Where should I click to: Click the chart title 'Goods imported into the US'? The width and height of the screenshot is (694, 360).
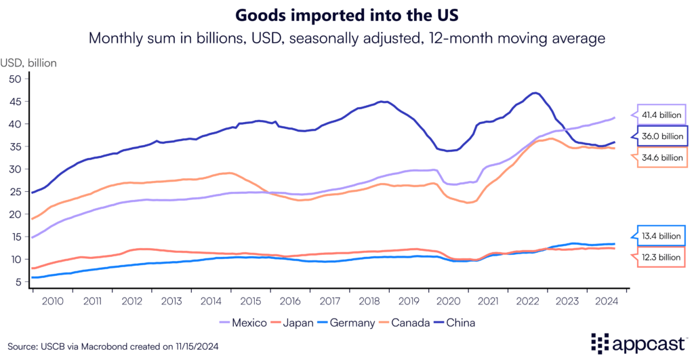point(346,14)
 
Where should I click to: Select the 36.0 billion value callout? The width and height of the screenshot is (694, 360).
point(662,136)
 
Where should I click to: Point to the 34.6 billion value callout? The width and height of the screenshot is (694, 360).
point(662,158)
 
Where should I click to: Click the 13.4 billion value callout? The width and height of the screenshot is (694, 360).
point(662,235)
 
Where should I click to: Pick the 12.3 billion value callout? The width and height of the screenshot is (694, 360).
point(662,258)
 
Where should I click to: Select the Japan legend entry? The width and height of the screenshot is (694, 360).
point(297,323)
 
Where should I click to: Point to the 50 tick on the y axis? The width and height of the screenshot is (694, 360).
point(16,79)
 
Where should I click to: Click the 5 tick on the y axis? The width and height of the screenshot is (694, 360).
point(18,282)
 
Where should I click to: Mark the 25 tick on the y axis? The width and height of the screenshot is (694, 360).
point(16,192)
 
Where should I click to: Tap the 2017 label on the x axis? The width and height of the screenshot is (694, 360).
point(331,300)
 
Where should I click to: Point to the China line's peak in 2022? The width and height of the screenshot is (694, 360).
point(536,93)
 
